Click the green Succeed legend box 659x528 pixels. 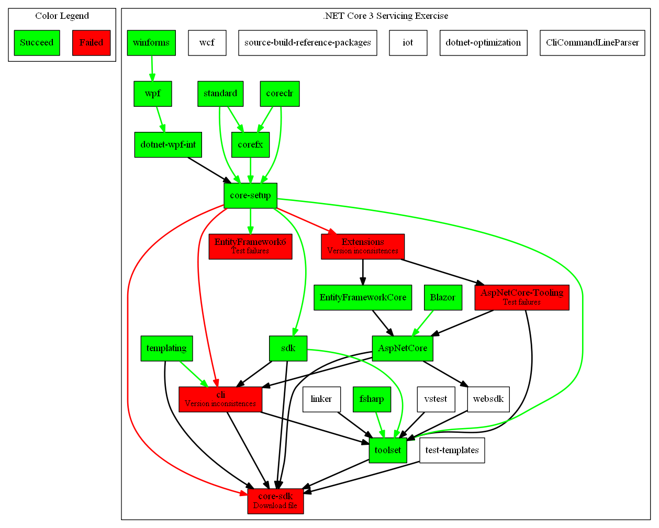37,43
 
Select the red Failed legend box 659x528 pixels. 91,43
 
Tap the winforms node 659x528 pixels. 151,43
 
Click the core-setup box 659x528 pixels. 250,196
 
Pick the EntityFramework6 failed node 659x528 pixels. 250,246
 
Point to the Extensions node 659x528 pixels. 363,246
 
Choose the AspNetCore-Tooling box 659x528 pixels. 521,297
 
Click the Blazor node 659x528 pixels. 443,297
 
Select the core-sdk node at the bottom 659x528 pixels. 275,501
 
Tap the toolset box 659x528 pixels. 388,450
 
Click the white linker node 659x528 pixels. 321,399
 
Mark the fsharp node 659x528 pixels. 372,399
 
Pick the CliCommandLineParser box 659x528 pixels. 592,43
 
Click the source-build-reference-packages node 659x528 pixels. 307,43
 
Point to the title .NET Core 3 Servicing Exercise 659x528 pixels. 385,16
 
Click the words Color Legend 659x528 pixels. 62,16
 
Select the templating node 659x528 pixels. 166,349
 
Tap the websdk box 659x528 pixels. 488,399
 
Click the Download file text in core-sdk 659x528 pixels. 275,505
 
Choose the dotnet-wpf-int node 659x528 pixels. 168,144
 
